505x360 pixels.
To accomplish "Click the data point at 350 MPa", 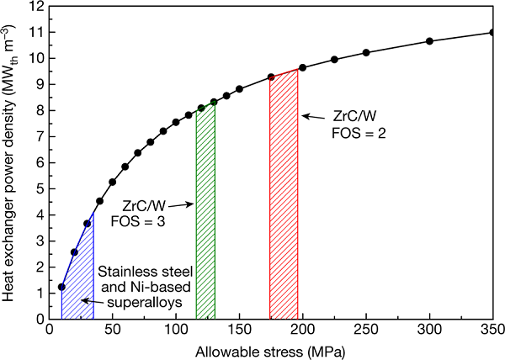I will [x=492, y=33].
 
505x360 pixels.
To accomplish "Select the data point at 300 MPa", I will [x=429, y=41].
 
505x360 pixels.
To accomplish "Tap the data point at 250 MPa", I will [x=366, y=53].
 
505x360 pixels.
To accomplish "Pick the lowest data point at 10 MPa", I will [x=61, y=287].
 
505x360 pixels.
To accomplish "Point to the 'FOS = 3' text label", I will [x=147, y=220].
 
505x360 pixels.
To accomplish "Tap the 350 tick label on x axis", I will [x=492, y=330].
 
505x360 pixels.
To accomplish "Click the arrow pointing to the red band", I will [x=316, y=115].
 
